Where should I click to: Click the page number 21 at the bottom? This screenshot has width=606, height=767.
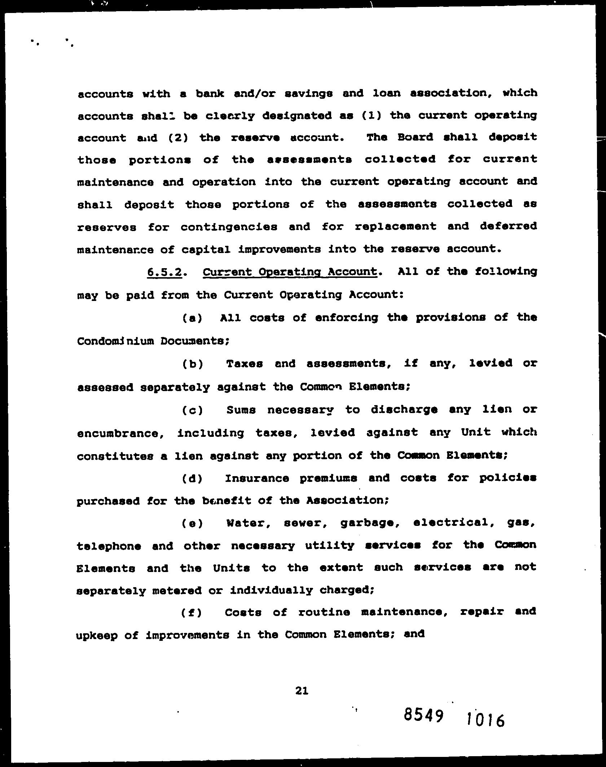pyautogui.click(x=301, y=690)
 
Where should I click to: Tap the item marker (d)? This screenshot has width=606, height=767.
pyautogui.click(x=192, y=479)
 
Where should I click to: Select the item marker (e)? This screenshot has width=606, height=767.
pyautogui.click(x=192, y=524)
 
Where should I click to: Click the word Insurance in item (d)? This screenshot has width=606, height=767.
pyautogui.click(x=257, y=478)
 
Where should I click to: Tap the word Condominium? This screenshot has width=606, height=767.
pyautogui.click(x=115, y=341)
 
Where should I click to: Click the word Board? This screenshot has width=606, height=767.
pyautogui.click(x=415, y=137)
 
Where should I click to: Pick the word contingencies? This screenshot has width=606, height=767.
pyautogui.click(x=229, y=227)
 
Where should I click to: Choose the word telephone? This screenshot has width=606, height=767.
pyautogui.click(x=109, y=546)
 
